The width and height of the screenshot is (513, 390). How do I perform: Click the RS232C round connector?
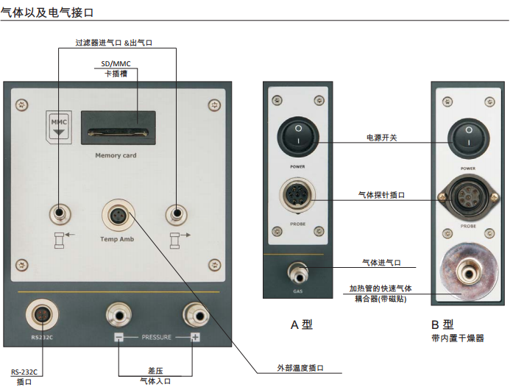point(40,314)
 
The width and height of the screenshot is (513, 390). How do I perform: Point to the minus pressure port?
point(118,314)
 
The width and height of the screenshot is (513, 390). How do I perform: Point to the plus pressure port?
point(194,314)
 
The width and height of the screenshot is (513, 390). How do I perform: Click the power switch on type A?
point(297,138)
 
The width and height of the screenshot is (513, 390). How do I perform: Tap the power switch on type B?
point(467,138)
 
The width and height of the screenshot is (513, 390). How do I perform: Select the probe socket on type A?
point(297,196)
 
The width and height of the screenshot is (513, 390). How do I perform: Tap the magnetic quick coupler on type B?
point(465,272)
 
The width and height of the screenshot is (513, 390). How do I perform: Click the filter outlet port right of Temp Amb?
point(175,215)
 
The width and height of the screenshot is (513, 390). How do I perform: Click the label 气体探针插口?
point(381,195)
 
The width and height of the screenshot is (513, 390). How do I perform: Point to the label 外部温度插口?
point(300,368)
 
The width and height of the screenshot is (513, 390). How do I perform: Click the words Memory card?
point(116,156)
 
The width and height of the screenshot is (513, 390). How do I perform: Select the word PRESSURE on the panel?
point(156,338)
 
